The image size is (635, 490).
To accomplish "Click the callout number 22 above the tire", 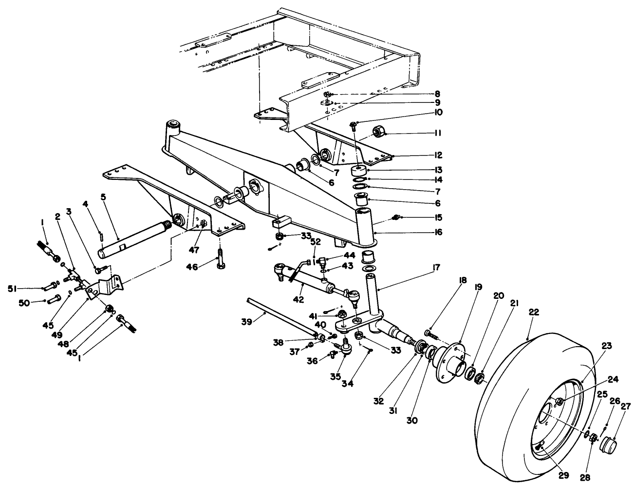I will (534, 313).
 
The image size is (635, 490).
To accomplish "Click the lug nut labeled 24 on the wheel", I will (560, 401).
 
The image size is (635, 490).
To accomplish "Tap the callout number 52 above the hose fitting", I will (315, 241).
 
